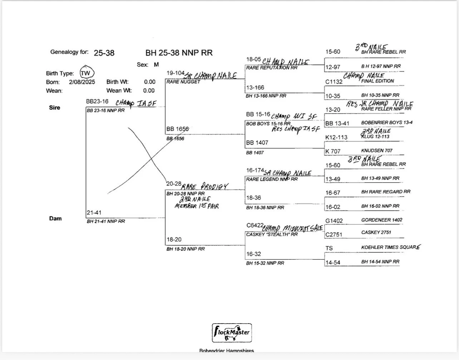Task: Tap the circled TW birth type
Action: click(x=86, y=73)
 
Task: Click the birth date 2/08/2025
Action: click(x=82, y=82)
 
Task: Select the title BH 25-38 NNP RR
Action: click(x=179, y=53)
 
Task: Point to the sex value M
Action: click(x=156, y=65)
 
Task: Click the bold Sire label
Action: click(x=54, y=108)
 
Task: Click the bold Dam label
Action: click(x=55, y=218)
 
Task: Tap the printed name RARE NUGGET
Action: click(x=183, y=82)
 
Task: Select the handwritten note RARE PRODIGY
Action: click(x=204, y=186)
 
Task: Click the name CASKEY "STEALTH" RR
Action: click(x=272, y=235)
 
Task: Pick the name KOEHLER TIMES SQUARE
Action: click(x=391, y=247)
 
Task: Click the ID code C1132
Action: click(x=334, y=82)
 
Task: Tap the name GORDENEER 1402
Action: click(x=381, y=220)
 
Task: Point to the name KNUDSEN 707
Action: click(x=377, y=151)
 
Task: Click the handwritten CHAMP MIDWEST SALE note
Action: click(x=292, y=228)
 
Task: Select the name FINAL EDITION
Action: click(x=377, y=81)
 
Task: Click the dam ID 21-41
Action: click(x=94, y=213)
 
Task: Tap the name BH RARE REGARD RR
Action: click(x=386, y=192)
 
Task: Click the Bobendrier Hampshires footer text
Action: click(x=227, y=351)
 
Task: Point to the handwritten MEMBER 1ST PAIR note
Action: click(x=197, y=206)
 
